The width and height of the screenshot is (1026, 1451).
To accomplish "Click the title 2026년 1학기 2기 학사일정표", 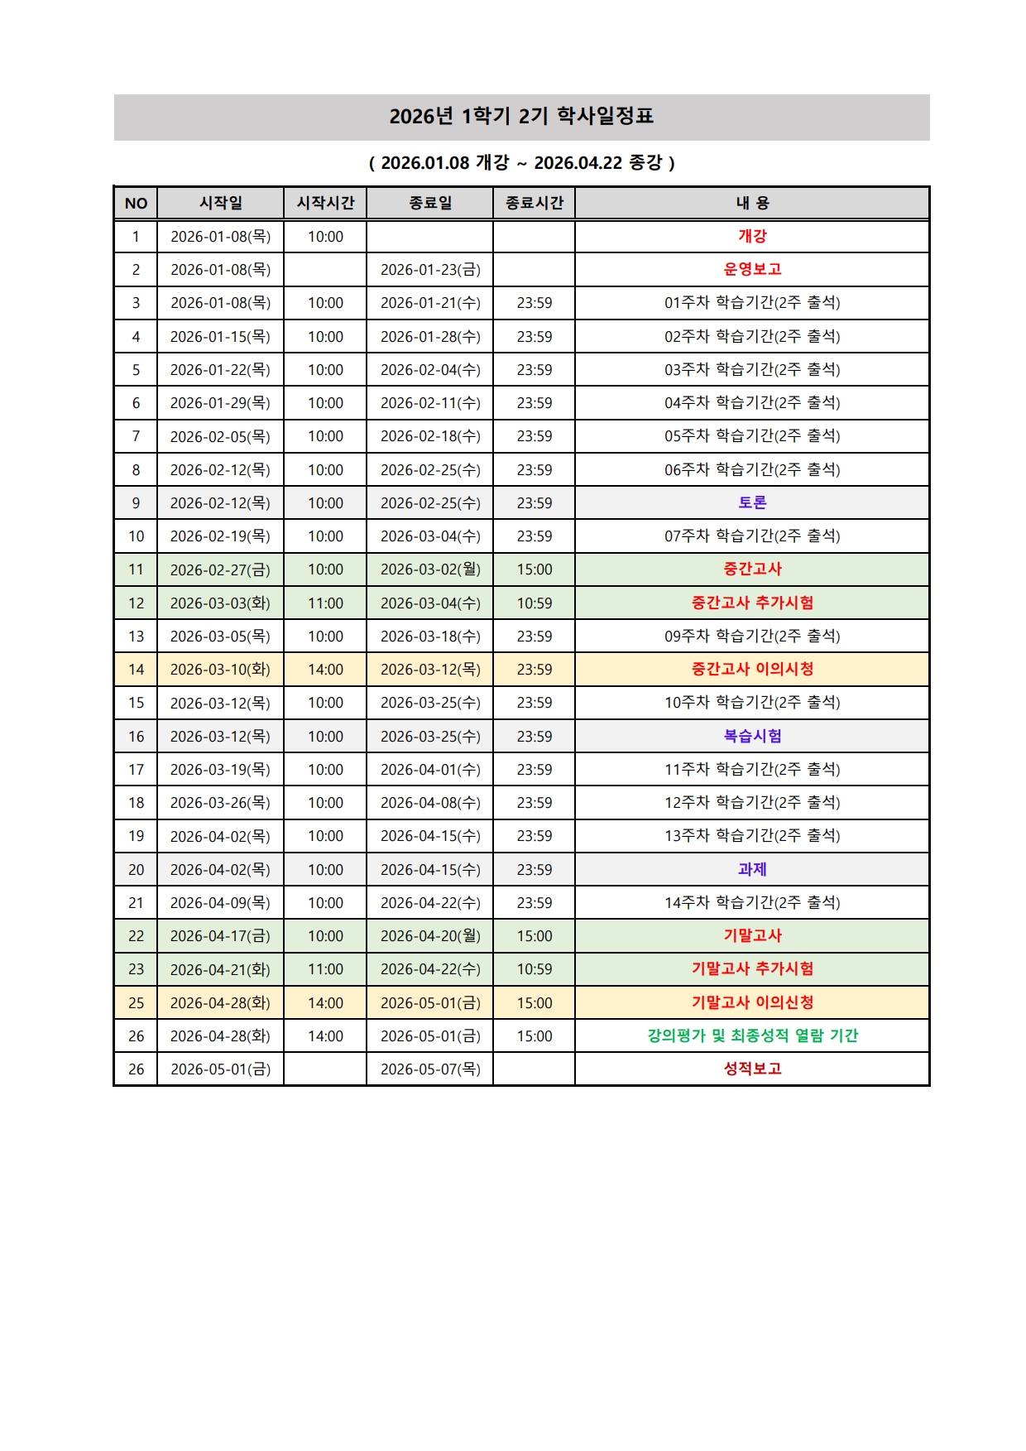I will (521, 116).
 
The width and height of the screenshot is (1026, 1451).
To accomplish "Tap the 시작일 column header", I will (220, 203).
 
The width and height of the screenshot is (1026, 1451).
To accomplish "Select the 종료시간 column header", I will (534, 203).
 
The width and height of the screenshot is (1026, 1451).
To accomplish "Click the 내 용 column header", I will (752, 203).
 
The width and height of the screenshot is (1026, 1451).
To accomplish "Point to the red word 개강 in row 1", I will (752, 236).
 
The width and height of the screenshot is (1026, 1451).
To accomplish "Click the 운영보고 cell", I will (752, 269).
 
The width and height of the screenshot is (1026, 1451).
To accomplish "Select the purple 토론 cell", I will (752, 502).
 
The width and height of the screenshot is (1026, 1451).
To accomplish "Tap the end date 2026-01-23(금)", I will (430, 270).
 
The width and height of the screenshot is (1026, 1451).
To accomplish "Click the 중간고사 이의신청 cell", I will (752, 669).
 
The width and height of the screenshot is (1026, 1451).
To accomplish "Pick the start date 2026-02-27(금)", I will (220, 569).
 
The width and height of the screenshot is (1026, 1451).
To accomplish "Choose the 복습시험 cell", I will (752, 736).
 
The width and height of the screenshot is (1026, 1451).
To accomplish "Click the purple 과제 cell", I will (752, 869).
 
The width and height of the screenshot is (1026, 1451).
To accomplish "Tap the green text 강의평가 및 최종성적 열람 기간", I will (752, 1035).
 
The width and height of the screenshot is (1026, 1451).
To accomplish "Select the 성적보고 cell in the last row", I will (752, 1069).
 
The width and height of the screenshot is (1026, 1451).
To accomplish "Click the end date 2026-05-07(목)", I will (430, 1069).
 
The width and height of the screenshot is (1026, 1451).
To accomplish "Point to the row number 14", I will (136, 670).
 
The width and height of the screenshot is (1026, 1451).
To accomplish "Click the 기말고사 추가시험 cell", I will (752, 968).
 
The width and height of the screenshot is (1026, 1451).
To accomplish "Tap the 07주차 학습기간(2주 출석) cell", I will (752, 536).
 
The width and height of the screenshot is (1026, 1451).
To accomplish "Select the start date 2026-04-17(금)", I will (220, 936).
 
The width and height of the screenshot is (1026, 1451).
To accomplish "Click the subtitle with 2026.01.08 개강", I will (521, 162).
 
